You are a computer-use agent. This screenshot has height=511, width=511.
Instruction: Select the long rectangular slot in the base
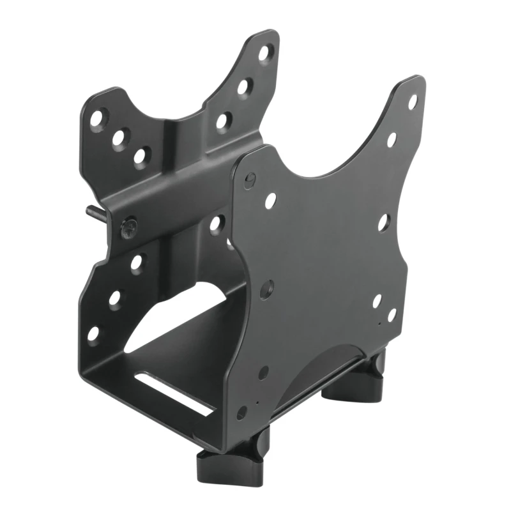pyautogui.click(x=172, y=393)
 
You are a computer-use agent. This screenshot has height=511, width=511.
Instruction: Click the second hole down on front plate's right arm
pyautogui.click(x=392, y=139)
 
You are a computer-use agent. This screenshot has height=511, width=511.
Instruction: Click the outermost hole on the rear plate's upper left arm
pyautogui.click(x=96, y=118)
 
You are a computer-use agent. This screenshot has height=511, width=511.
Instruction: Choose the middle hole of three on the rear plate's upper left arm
pyautogui.click(x=119, y=137)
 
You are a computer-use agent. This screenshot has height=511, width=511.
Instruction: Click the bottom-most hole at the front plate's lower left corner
pyautogui.click(x=242, y=412)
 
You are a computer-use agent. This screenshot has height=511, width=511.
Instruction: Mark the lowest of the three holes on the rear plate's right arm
pyautogui.click(x=223, y=120)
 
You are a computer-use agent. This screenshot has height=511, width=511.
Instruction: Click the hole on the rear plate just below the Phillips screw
pyautogui.click(x=136, y=263)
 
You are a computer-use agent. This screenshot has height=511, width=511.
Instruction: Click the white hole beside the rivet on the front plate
pyautogui.click(x=270, y=201)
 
